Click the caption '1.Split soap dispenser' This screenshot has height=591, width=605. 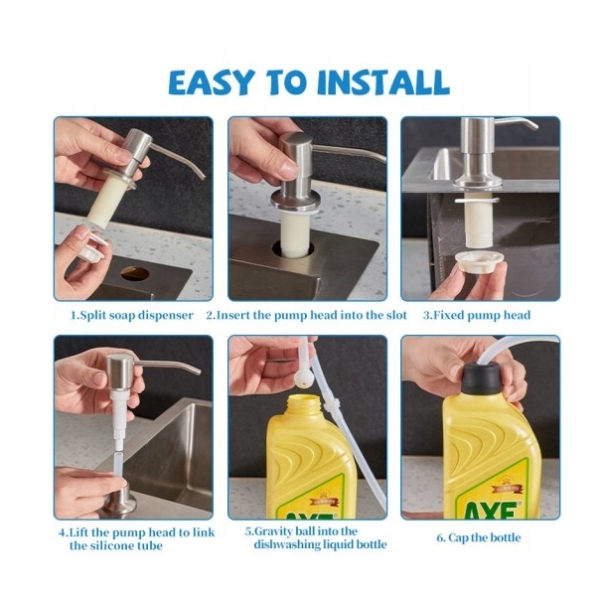(x=132, y=315)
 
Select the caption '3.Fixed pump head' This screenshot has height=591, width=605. (x=477, y=315)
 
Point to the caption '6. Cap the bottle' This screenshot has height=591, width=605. (x=479, y=537)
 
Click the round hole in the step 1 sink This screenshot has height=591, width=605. (x=135, y=273)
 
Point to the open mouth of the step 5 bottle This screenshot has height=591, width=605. (x=303, y=399)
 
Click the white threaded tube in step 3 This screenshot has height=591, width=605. (x=477, y=222)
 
